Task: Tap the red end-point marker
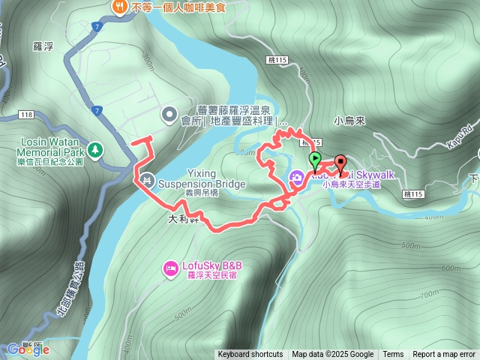click(x=340, y=163)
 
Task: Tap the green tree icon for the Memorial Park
click(x=95, y=149)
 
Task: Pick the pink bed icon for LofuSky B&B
click(x=170, y=268)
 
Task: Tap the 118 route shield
click(x=27, y=115)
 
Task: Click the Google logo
click(x=24, y=349)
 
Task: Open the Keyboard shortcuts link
click(x=250, y=355)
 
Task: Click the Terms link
click(x=393, y=355)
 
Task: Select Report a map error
click(x=444, y=355)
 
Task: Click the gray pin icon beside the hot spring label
click(x=169, y=115)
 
